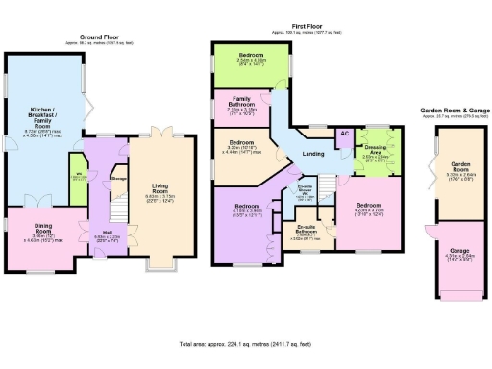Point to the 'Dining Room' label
[x=36, y=234]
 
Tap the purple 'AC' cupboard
[x=344, y=135]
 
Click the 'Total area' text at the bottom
[x=246, y=343]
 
